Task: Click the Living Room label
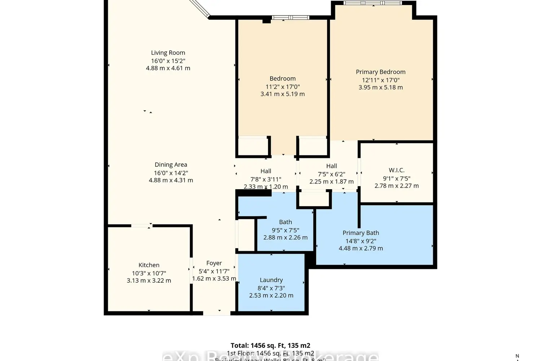168,53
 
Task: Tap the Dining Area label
171,165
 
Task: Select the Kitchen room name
149,265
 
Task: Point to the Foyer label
214,263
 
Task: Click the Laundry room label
271,280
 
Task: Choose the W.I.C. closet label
396,170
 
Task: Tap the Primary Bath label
361,233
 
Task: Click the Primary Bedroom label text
381,72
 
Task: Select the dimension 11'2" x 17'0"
282,87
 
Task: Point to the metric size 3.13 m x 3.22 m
149,280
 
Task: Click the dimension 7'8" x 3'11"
266,179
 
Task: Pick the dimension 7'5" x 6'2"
331,174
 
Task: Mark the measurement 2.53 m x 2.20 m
271,295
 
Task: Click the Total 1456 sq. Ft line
270,345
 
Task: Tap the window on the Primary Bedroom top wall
373,3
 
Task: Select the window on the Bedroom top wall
290,17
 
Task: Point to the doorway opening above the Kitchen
141,226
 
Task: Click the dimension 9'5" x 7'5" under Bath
285,230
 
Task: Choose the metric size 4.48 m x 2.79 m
361,248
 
